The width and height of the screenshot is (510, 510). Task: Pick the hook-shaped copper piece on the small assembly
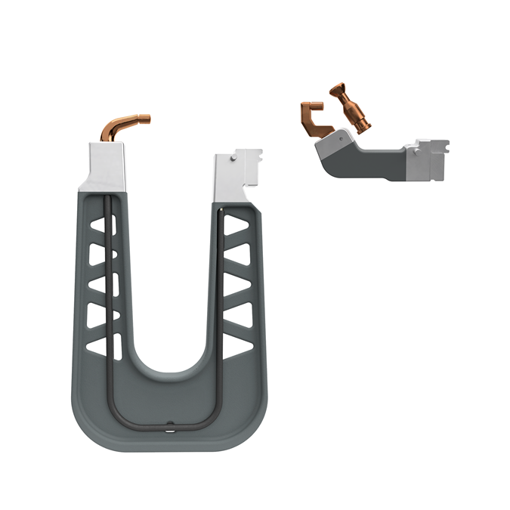[311, 119]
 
